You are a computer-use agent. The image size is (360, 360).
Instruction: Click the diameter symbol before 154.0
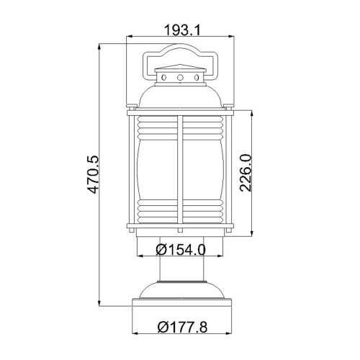pyautogui.click(x=161, y=250)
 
